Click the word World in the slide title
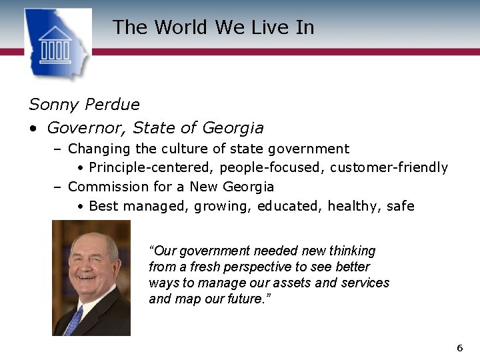pyautogui.click(x=181, y=27)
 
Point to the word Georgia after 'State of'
pyautogui.click(x=233, y=127)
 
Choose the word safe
pyautogui.click(x=400, y=206)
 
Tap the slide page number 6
pyautogui.click(x=459, y=348)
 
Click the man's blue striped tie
pyautogui.click(x=73, y=321)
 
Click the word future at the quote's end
pyautogui.click(x=245, y=299)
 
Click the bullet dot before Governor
pyautogui.click(x=33, y=128)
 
